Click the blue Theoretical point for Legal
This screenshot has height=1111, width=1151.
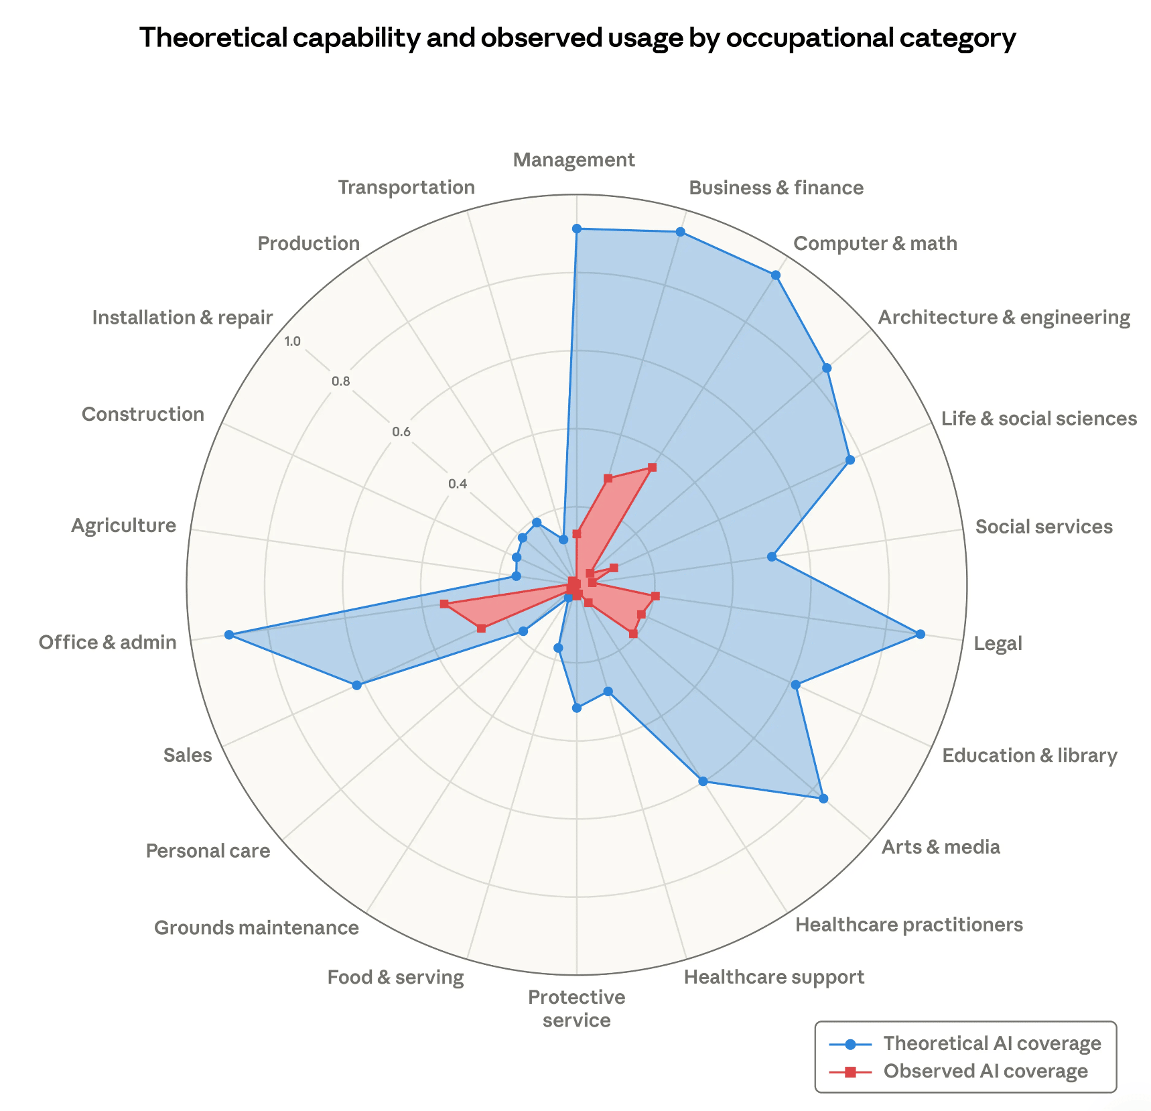click(920, 634)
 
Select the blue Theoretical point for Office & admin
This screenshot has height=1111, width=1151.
click(229, 635)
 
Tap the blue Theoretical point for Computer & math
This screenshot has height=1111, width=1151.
click(775, 275)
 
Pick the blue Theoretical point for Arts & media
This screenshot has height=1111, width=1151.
click(823, 798)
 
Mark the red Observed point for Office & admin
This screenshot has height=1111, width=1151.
click(444, 604)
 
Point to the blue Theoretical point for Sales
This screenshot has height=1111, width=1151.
click(356, 685)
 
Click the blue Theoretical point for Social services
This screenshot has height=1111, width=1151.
click(771, 556)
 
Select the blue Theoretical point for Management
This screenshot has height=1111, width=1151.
click(576, 228)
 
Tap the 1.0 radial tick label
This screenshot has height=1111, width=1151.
click(292, 341)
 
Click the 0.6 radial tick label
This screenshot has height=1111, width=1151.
click(401, 432)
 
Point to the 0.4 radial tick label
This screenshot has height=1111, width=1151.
click(457, 483)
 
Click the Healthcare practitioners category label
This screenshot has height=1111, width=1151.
click(908, 925)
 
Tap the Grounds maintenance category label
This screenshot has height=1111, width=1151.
click(257, 927)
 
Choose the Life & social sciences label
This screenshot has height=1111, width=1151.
click(1038, 419)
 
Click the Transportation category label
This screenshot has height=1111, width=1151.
click(407, 187)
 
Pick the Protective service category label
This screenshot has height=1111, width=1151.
click(576, 1008)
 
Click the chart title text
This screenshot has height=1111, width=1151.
click(578, 38)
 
